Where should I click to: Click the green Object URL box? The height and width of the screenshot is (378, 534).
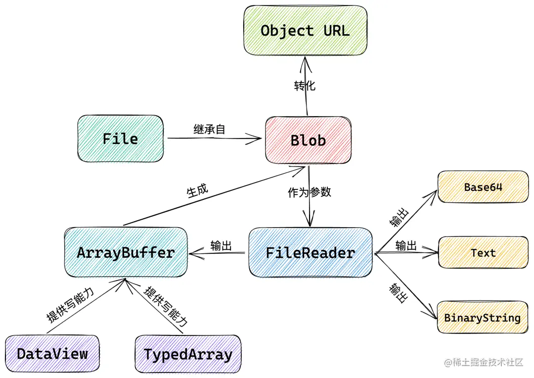(x=306, y=30)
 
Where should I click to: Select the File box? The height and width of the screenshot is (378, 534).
(x=121, y=139)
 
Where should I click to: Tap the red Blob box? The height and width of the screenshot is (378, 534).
(x=308, y=140)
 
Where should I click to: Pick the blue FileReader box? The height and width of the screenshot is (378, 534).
(x=311, y=252)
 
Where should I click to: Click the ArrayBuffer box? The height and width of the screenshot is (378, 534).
(x=126, y=252)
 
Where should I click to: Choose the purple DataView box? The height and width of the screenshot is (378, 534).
(x=52, y=354)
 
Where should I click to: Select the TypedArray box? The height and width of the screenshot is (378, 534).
(x=188, y=354)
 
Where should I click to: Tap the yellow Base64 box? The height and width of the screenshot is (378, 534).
(x=483, y=187)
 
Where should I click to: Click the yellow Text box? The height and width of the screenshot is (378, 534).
(x=483, y=252)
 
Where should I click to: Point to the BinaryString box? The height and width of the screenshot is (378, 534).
(x=483, y=317)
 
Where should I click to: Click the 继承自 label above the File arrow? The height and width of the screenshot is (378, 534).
(x=209, y=130)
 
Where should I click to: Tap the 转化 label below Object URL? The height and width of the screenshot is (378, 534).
(x=305, y=86)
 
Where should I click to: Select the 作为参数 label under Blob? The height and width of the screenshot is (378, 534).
(x=309, y=192)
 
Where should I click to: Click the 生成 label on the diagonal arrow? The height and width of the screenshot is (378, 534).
(x=197, y=190)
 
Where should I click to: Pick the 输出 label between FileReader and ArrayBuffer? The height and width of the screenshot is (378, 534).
(x=221, y=245)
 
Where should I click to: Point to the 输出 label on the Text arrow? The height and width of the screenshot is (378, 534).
(x=406, y=245)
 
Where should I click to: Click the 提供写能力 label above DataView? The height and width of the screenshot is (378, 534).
(x=70, y=305)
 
